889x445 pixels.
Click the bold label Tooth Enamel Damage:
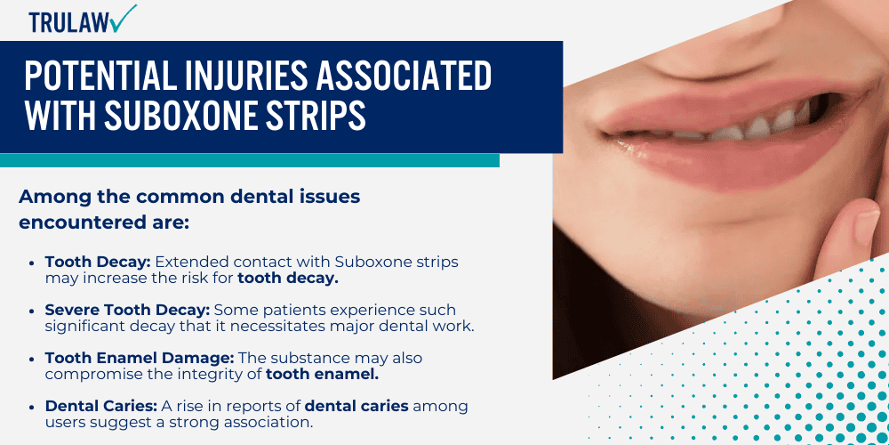click(x=140, y=358)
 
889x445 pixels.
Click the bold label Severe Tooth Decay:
click(x=130, y=310)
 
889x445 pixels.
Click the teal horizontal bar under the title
click(x=249, y=160)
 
